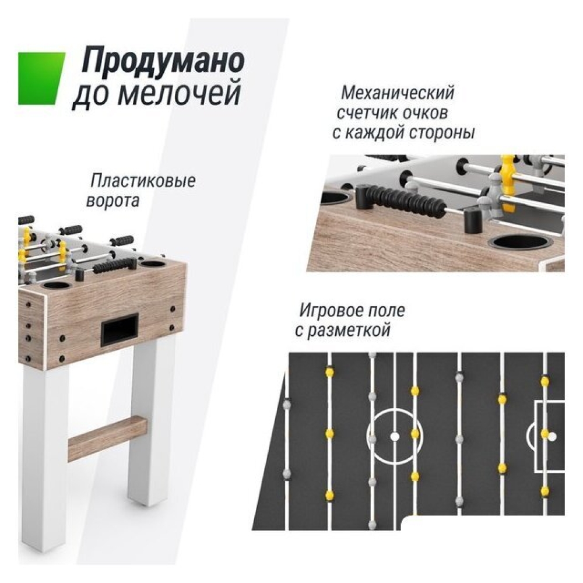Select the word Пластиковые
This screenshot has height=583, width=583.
pyautogui.click(x=143, y=181)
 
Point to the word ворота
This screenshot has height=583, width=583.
pyautogui.click(x=113, y=201)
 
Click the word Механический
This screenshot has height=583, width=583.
pyautogui.click(x=397, y=93)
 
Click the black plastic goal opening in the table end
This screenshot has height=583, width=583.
pyautogui.click(x=120, y=328)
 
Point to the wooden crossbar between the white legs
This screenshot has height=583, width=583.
pyautogui.click(x=107, y=439)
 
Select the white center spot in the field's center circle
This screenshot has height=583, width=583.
pyautogui.click(x=395, y=436)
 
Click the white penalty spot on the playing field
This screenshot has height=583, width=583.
pyautogui.click(x=553, y=436)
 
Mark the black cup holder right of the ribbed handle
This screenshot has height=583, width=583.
pyautogui.click(x=520, y=243)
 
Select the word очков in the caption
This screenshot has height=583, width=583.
pyautogui.click(x=420, y=113)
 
